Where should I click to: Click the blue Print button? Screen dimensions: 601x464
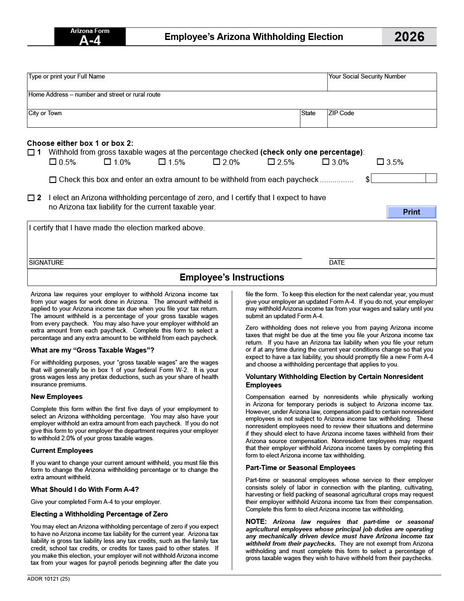pyautogui.click(x=411, y=212)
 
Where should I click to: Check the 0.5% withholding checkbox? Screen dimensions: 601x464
pyautogui.click(x=53, y=162)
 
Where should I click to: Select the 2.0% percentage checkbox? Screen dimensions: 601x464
pyautogui.click(x=216, y=162)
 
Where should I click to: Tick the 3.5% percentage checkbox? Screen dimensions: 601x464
pyautogui.click(x=380, y=162)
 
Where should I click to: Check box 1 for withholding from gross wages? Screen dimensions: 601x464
pyautogui.click(x=31, y=152)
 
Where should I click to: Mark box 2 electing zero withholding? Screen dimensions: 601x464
pyautogui.click(x=31, y=198)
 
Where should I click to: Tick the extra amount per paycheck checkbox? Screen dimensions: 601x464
pyautogui.click(x=53, y=180)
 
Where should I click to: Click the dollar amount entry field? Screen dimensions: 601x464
pyautogui.click(x=398, y=178)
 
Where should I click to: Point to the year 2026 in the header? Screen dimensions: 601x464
pyautogui.click(x=409, y=37)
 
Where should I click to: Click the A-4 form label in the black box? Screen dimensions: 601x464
pyautogui.click(x=90, y=40)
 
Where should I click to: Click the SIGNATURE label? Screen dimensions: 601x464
pyautogui.click(x=46, y=263)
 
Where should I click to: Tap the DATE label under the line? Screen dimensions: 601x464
pyautogui.click(x=337, y=263)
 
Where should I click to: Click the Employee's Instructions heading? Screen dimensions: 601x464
pyautogui.click(x=232, y=277)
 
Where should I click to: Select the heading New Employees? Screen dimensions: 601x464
pyautogui.click(x=57, y=397)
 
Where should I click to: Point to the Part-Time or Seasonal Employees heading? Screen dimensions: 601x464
pyautogui.click(x=300, y=468)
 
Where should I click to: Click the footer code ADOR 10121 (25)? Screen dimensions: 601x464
pyautogui.click(x=48, y=579)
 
